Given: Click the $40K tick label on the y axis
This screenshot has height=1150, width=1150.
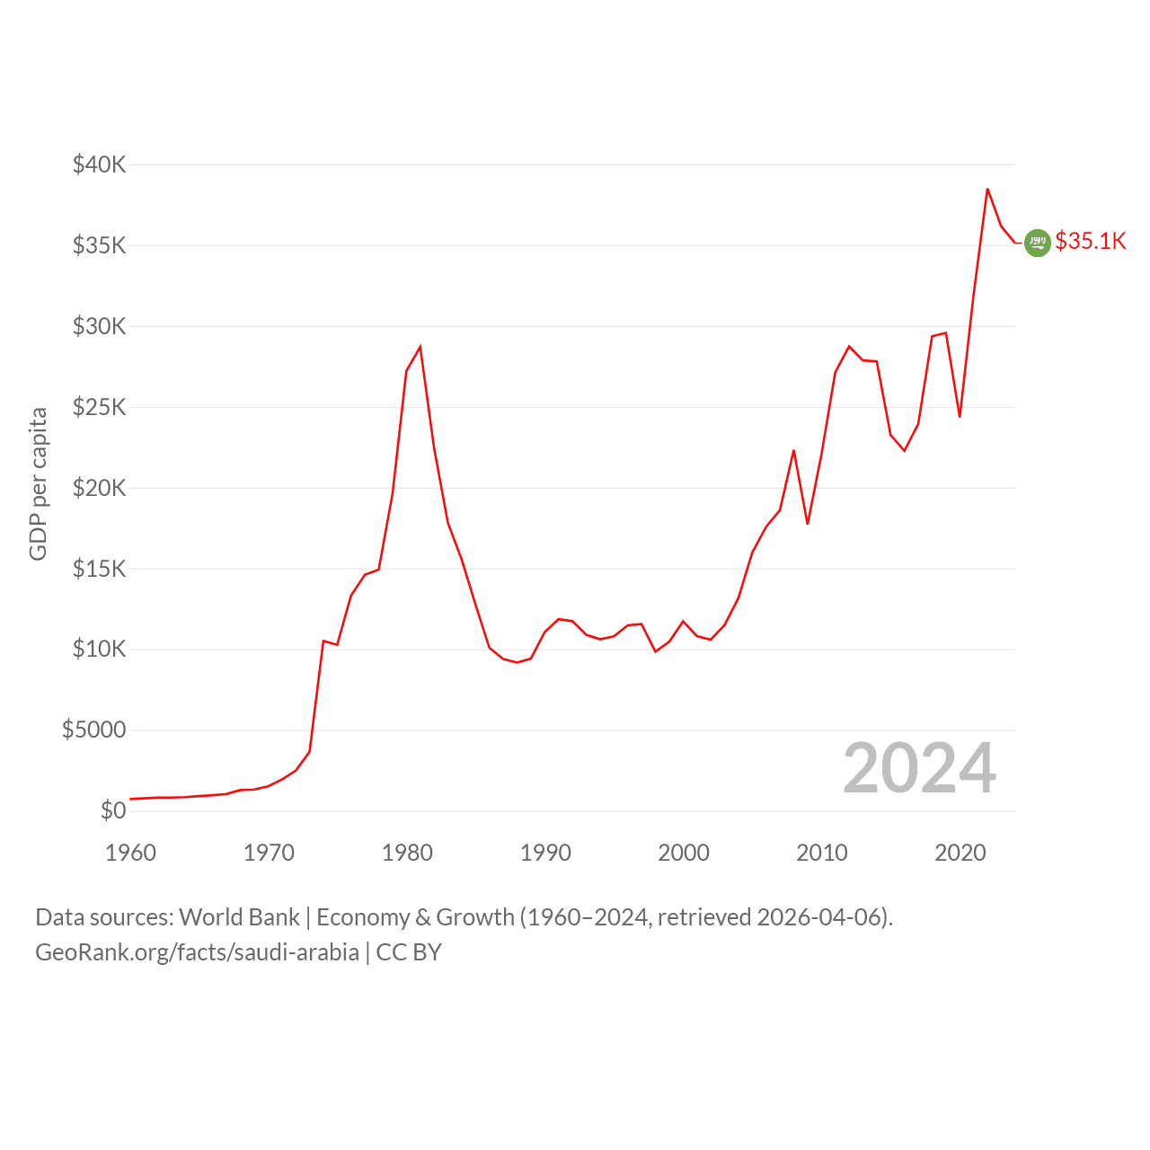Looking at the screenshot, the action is (99, 164).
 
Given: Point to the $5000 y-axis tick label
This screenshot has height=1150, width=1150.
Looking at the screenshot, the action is (93, 730).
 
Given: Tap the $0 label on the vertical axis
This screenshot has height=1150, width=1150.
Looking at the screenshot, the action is (113, 810).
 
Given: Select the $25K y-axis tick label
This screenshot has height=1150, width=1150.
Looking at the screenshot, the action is (99, 407).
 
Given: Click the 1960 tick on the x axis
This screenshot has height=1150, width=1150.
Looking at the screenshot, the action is (130, 853).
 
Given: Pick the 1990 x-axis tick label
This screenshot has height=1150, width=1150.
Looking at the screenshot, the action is (545, 853).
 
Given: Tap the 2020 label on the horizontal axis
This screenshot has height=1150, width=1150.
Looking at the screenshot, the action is (960, 853).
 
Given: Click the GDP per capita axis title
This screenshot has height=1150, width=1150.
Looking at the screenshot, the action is (39, 484).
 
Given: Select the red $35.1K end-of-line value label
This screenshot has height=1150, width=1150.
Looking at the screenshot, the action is (1091, 241).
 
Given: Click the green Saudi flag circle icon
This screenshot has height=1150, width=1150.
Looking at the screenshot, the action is (1038, 243).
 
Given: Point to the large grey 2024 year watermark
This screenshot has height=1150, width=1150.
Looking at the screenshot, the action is (920, 768).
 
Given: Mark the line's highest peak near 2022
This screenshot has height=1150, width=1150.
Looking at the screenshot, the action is (987, 190).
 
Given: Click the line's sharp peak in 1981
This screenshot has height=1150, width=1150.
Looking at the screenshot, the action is (420, 347).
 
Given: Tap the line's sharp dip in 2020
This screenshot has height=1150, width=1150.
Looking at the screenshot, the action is (960, 417).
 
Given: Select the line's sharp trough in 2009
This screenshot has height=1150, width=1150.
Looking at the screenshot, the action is (808, 524).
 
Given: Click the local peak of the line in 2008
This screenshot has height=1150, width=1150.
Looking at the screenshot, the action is (793, 451).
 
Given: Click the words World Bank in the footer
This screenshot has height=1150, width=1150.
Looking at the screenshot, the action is (239, 917).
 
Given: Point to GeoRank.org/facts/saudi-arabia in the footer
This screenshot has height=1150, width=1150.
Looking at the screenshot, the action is (197, 952).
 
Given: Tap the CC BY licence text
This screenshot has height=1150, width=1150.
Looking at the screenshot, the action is (409, 952).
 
